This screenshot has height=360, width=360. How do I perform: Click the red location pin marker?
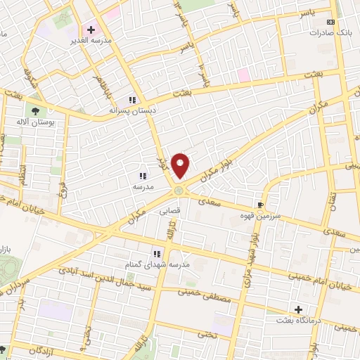pyautogui.click(x=181, y=165)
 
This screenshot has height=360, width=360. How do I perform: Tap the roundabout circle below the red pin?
pyautogui.click(x=180, y=190)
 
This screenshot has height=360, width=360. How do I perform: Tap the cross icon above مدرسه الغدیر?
pyautogui.click(x=90, y=30)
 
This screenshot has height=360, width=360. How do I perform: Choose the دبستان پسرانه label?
pyautogui.click(x=133, y=110)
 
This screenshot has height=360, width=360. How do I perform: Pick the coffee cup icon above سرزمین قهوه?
pyautogui.click(x=261, y=205)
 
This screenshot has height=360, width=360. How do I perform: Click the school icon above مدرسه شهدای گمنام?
pyautogui.click(x=157, y=253)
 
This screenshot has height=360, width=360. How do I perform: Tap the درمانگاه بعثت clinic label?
pyautogui.click(x=300, y=321)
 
